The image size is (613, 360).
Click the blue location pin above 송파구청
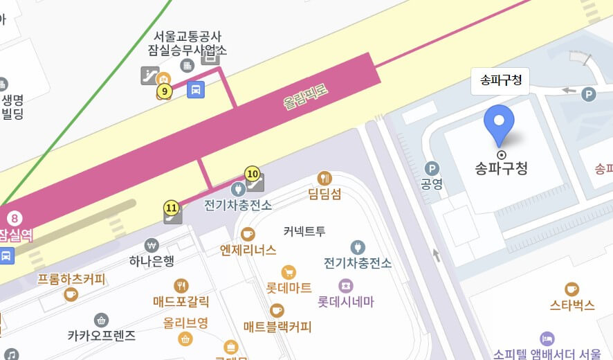tap(499, 123)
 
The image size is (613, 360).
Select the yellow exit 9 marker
tap(164, 91)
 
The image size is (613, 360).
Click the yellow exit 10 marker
tap(253, 174)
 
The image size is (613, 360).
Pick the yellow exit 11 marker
tap(172, 206)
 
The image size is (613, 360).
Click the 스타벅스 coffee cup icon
tap(571, 289)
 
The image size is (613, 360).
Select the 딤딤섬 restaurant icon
tap(324, 178)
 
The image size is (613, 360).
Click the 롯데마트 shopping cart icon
tap(289, 272)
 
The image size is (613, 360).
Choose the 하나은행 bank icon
tap(152, 245)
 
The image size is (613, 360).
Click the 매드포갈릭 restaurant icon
tap(181, 285)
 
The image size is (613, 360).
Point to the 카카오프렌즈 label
tap(102, 336)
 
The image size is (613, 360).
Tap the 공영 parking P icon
tap(432, 168)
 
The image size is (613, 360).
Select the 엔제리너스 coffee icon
tap(248, 234)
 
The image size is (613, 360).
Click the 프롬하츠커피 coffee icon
tap(71, 295)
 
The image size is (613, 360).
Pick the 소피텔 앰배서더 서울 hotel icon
tap(547, 338)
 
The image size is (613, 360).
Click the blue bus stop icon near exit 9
tap(196, 89)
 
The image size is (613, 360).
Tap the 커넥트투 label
tap(304, 231)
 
